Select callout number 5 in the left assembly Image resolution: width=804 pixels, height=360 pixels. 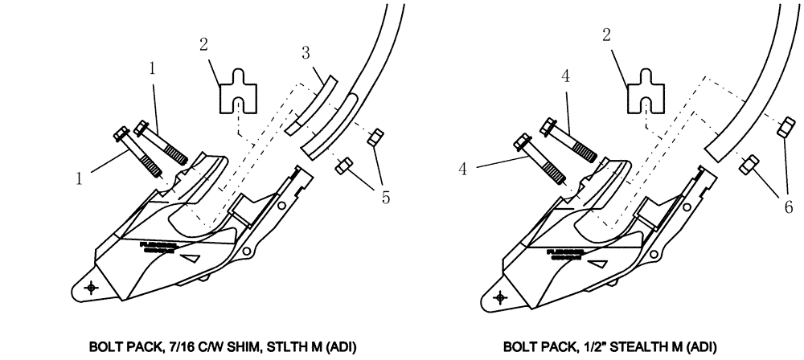tap(387, 197)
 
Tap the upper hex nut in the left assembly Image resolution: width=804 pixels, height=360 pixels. tap(373, 139)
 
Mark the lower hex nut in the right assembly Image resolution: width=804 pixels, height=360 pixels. tap(746, 164)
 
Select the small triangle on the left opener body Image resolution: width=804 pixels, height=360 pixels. tap(192, 259)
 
